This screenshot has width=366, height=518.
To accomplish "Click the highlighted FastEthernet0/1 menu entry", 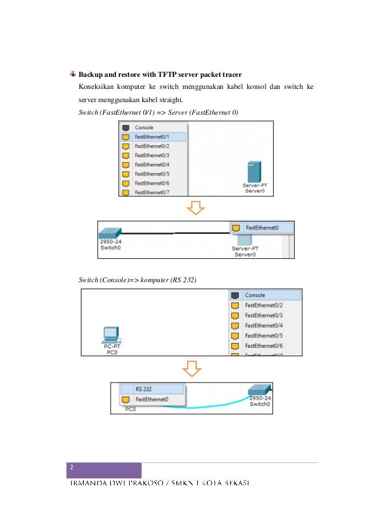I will tap(152, 137).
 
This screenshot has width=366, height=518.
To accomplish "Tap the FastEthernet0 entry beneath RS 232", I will tap(151, 399).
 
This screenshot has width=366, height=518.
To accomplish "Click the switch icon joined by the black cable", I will tap(109, 233).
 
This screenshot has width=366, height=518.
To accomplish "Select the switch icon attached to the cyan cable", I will tap(259, 390).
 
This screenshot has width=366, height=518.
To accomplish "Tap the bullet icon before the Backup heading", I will tap(72, 74).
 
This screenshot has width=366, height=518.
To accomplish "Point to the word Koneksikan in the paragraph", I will tap(97, 87).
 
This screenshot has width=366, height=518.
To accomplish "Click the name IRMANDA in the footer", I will tap(89, 484).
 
